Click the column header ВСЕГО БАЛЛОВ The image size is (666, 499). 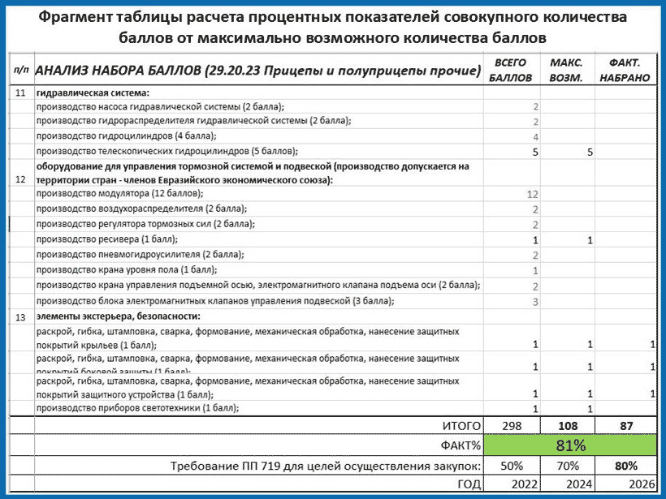[x=512, y=71]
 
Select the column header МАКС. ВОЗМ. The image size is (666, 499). [x=566, y=71]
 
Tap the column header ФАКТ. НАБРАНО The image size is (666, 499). [x=623, y=71]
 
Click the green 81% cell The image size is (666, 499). [x=570, y=445]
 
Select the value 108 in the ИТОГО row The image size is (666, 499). [x=570, y=425]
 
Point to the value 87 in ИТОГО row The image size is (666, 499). [x=625, y=425]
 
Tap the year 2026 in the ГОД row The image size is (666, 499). [x=624, y=484]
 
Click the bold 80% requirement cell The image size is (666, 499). [x=625, y=466]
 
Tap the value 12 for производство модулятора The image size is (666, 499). [x=532, y=195]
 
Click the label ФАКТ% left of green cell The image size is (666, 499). [x=460, y=445]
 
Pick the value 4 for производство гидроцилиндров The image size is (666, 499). [x=535, y=136]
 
